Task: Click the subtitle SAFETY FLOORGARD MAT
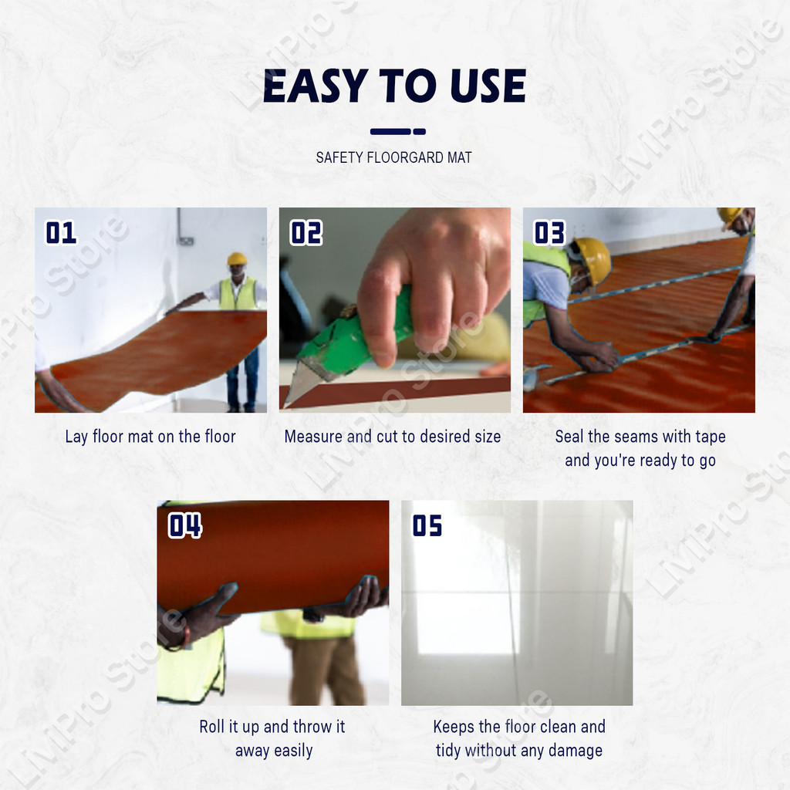[x=394, y=157]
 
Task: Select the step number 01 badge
[x=61, y=233]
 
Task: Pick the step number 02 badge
[x=306, y=233]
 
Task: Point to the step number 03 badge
[x=549, y=233]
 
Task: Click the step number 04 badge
[x=185, y=525]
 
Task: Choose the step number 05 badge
[x=427, y=525]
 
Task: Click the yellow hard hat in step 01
[x=237, y=258]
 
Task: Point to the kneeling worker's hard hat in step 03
[x=593, y=259]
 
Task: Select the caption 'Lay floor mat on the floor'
[x=150, y=437]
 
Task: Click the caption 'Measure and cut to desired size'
[x=393, y=437]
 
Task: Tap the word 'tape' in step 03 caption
[x=710, y=437]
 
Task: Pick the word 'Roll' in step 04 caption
[x=211, y=727]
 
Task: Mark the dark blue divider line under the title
[x=398, y=131]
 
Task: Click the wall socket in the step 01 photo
[x=187, y=241]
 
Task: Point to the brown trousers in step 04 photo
[x=325, y=670]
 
